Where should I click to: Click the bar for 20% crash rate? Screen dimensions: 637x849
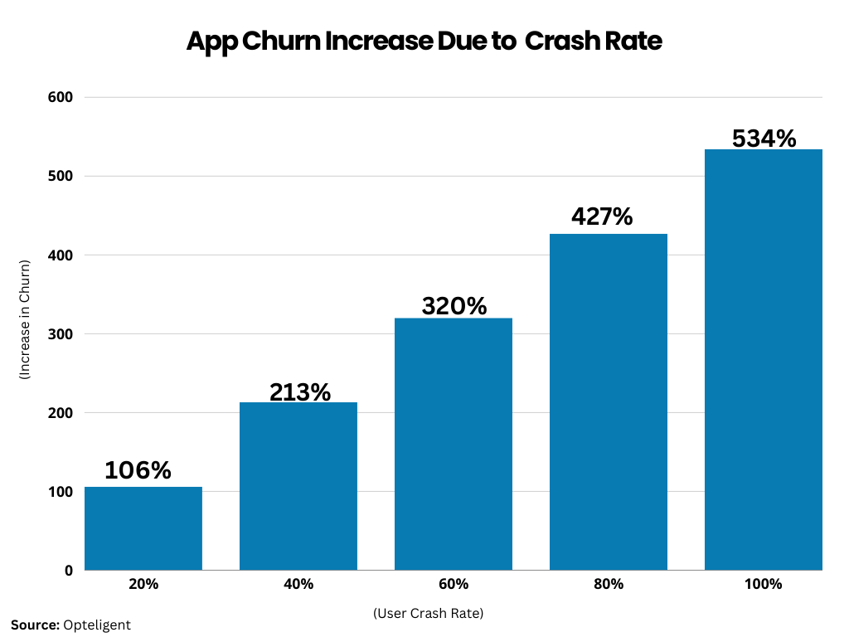pyautogui.click(x=143, y=528)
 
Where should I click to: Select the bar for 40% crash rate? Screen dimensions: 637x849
pyautogui.click(x=298, y=486)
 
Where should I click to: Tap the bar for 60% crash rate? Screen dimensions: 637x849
pyautogui.click(x=454, y=444)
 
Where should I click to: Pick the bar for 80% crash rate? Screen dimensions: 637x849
pyautogui.click(x=609, y=401)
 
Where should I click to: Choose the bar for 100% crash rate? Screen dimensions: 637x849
pyautogui.click(x=764, y=359)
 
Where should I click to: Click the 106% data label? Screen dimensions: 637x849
pyautogui.click(x=138, y=470)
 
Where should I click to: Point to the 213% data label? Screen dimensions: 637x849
pyautogui.click(x=299, y=391)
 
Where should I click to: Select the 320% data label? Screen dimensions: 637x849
pyautogui.click(x=454, y=306)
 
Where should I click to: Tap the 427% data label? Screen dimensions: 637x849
pyautogui.click(x=602, y=216)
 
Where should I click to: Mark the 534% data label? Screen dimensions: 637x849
pyautogui.click(x=764, y=138)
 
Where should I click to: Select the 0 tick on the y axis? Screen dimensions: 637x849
pyautogui.click(x=69, y=571)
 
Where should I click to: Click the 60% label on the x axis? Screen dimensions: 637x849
pyautogui.click(x=454, y=584)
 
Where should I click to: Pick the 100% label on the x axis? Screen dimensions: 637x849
pyautogui.click(x=764, y=584)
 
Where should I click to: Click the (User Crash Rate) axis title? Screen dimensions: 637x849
pyautogui.click(x=428, y=614)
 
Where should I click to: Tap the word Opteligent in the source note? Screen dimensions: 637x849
pyautogui.click(x=97, y=625)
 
